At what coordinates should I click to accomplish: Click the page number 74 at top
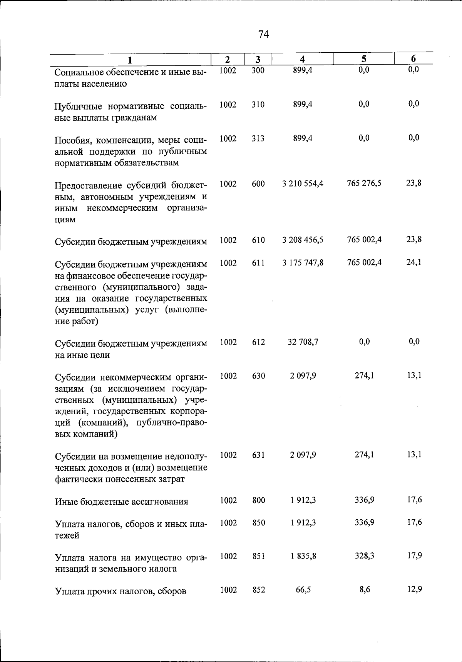click(263, 35)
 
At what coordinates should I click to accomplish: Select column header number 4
click(303, 59)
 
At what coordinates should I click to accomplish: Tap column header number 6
click(413, 59)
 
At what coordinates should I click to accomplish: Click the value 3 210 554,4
click(303, 184)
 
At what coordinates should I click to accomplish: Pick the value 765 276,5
click(364, 183)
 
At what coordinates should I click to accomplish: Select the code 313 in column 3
click(258, 138)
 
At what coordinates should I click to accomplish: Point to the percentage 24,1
click(414, 262)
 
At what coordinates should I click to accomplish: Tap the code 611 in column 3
click(258, 263)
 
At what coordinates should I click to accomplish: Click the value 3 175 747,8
click(303, 263)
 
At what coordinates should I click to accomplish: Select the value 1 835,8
click(303, 556)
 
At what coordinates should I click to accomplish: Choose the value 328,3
click(365, 556)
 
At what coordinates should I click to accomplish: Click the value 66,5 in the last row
click(303, 590)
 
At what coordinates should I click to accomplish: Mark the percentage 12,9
click(415, 589)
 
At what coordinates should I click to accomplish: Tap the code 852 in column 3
click(259, 590)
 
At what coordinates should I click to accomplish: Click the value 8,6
click(365, 589)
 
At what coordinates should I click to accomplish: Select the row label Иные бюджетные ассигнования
click(121, 502)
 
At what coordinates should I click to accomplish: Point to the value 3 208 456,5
click(303, 240)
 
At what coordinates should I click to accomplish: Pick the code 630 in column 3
click(258, 376)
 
